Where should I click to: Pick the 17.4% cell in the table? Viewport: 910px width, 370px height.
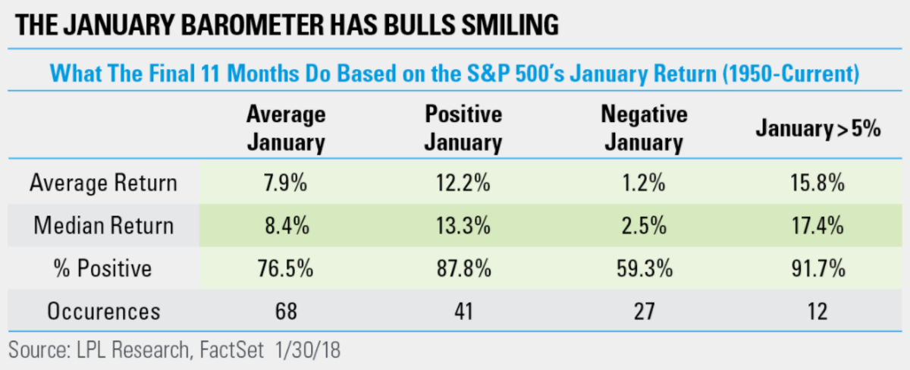817,225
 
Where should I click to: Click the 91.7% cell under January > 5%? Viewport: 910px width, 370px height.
817,268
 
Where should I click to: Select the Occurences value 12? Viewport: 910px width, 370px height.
817,312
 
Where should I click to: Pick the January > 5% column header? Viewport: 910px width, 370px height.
817,130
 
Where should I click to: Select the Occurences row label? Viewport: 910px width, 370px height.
102,312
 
